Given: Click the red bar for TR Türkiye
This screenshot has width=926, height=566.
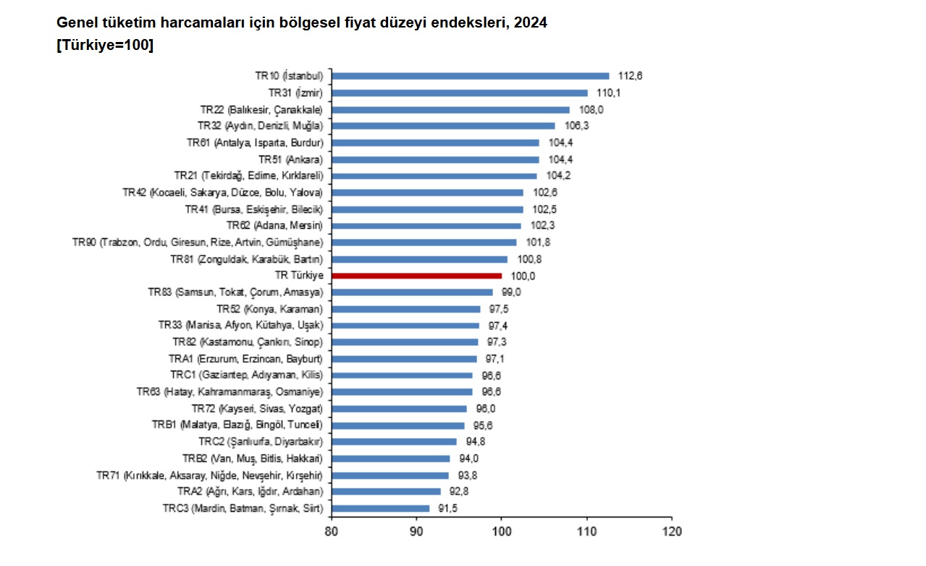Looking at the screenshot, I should click(x=416, y=276).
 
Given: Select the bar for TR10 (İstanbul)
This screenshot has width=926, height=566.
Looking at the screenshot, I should click(x=471, y=76).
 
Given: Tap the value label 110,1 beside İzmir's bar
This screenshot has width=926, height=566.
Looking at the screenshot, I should click(x=609, y=93).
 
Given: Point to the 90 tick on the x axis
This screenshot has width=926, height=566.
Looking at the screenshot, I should click(x=416, y=531).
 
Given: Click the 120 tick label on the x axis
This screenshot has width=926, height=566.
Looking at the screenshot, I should click(x=672, y=531).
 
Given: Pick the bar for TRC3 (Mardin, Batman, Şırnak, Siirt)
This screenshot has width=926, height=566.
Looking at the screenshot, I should click(x=380, y=508).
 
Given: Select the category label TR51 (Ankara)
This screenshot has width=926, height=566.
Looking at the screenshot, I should click(x=290, y=159).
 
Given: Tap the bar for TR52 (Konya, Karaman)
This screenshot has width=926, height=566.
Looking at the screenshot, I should click(x=406, y=309).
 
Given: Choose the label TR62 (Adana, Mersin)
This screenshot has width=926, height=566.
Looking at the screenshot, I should click(x=274, y=226).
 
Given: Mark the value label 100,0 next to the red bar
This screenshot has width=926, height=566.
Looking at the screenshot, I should click(x=523, y=276).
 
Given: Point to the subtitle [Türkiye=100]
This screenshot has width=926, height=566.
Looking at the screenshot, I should click(x=105, y=45).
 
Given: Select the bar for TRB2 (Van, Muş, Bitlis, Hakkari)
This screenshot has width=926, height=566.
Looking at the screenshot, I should click(x=391, y=458).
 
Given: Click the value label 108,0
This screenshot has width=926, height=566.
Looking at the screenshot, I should click(x=591, y=109).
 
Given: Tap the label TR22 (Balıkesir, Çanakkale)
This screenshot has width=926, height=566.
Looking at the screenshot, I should click(x=261, y=109).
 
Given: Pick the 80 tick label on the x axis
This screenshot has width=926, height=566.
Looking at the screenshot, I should click(x=332, y=531).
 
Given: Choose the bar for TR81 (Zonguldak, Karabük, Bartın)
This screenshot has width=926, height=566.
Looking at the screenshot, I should click(x=420, y=259).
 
